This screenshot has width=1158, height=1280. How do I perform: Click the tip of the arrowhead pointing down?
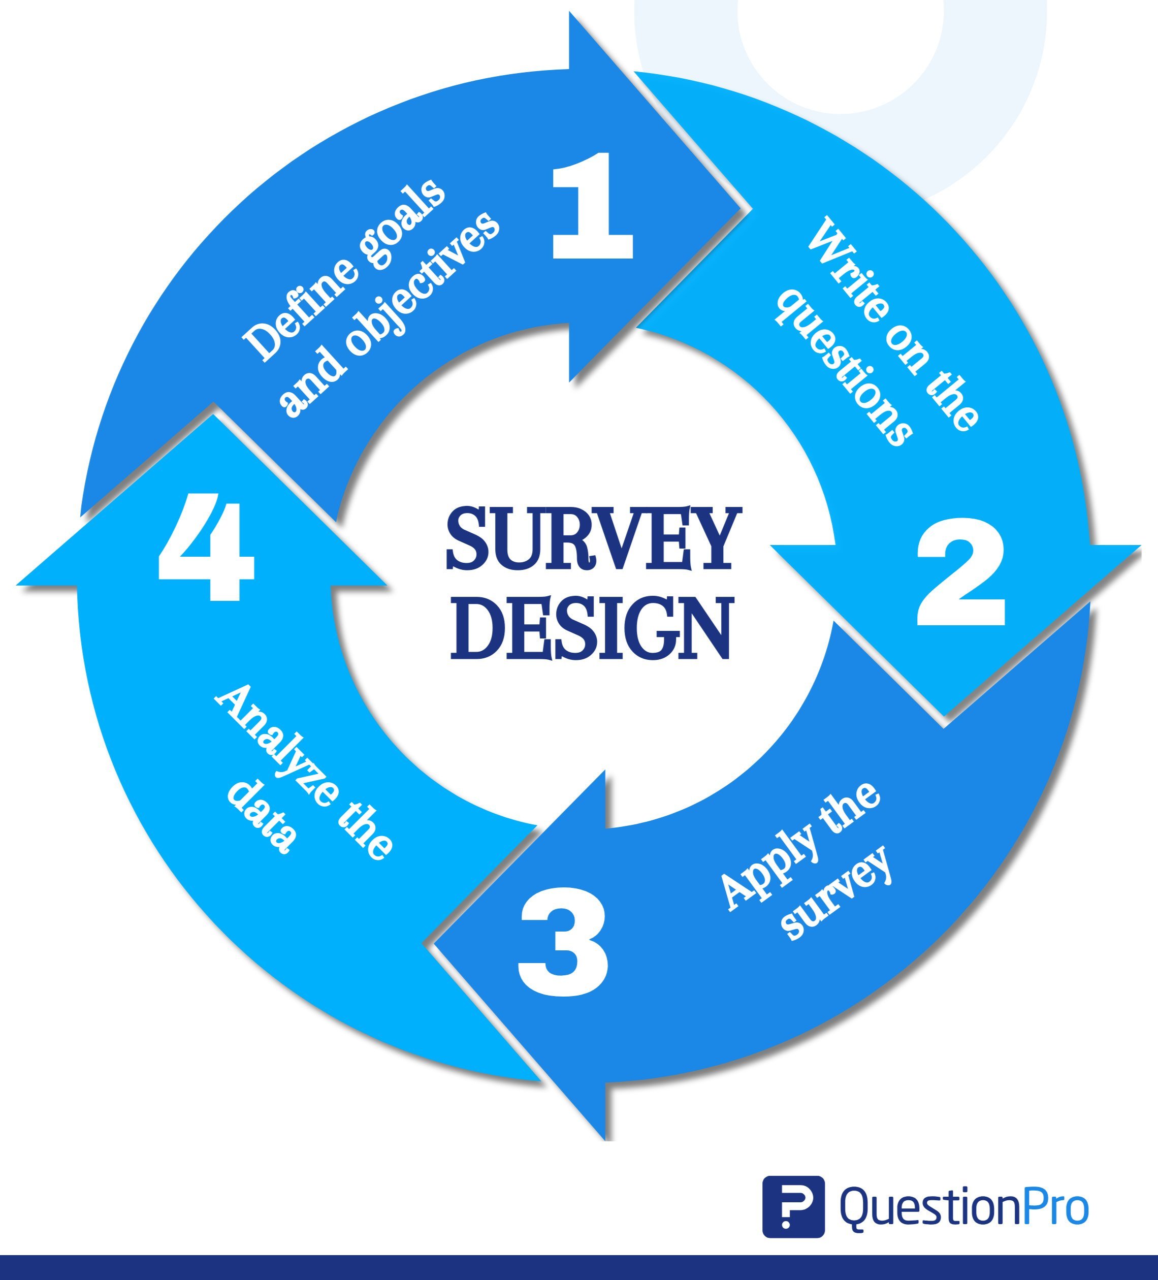click(x=945, y=717)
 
